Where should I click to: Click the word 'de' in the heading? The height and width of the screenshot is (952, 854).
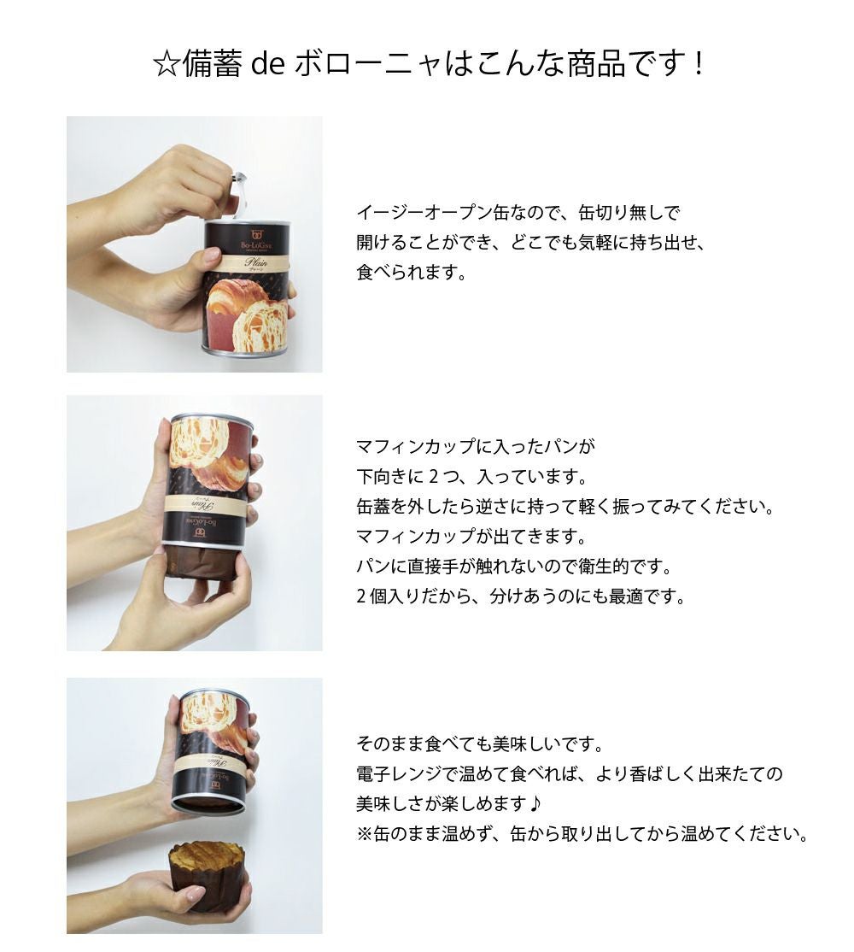[x=268, y=64]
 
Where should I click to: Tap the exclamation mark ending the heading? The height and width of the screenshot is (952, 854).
[x=699, y=64]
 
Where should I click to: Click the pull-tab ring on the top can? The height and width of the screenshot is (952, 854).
[x=239, y=194]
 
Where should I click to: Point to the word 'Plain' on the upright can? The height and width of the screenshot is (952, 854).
[x=255, y=262]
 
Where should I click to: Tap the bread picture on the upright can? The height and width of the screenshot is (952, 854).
[x=248, y=315]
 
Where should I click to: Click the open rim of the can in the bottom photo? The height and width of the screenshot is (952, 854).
[x=208, y=804]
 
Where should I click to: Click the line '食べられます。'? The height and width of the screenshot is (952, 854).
[x=412, y=273]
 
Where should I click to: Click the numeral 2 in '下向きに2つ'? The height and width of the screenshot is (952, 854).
[x=433, y=477]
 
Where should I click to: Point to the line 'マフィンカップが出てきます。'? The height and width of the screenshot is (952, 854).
[x=471, y=537]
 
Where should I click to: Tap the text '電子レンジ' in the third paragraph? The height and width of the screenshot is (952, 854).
[x=399, y=774]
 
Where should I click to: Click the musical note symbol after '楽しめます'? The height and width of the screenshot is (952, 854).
[x=535, y=804]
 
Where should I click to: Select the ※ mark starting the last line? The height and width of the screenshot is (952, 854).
[x=365, y=833]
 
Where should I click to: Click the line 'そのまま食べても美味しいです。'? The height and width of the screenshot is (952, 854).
[x=480, y=743]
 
